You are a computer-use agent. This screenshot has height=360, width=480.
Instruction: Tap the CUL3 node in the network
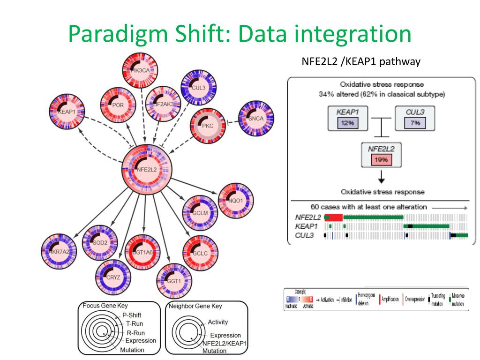[x=199, y=87]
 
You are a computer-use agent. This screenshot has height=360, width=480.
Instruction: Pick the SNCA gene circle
[x=256, y=118]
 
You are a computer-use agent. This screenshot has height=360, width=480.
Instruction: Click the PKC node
[x=207, y=125]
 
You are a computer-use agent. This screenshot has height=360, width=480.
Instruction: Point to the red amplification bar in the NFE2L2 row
[x=334, y=217]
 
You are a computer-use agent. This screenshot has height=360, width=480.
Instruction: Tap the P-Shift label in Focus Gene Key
[x=132, y=315]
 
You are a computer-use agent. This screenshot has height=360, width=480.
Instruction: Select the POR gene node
[x=118, y=105]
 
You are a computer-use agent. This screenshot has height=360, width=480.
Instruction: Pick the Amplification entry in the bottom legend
[x=390, y=299]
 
